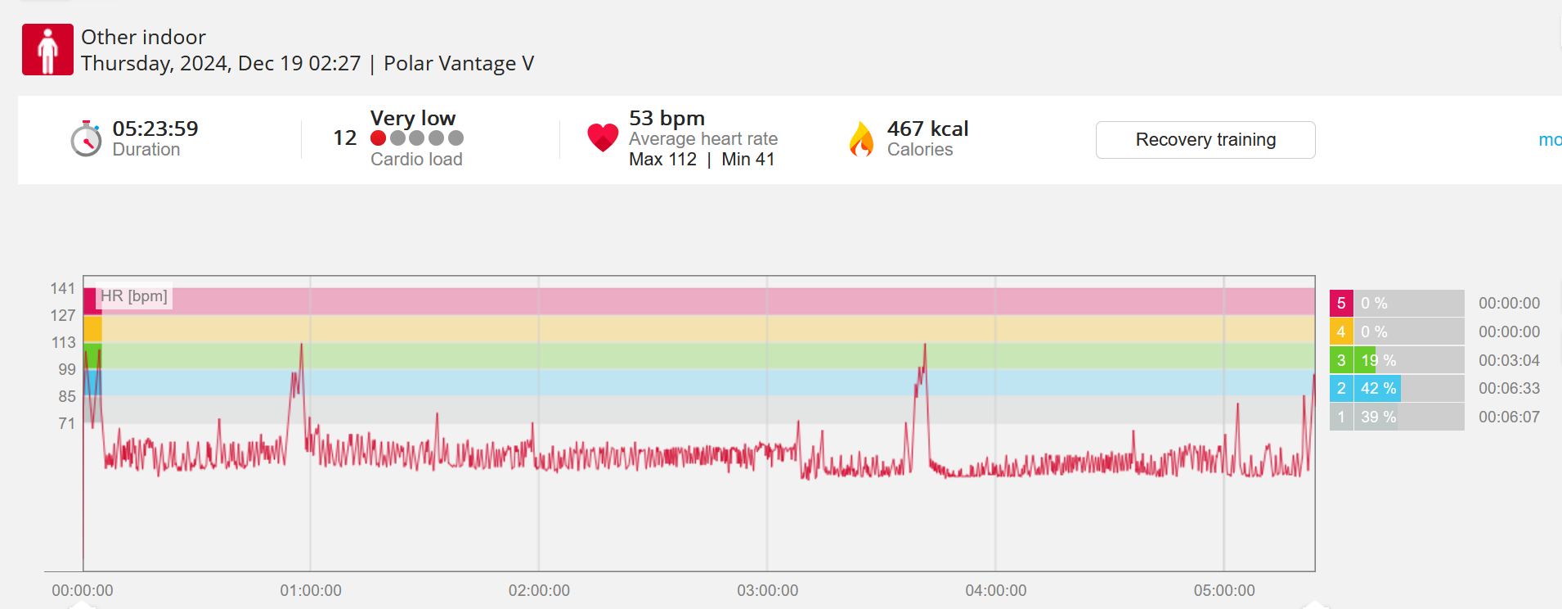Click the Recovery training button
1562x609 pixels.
[x=1205, y=140]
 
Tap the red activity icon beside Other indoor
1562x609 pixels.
[x=47, y=50]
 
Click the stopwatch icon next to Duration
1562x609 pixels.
[x=86, y=139]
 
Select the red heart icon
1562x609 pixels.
[x=603, y=138]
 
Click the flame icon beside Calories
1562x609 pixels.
[x=861, y=139]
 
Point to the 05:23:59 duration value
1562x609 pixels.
[x=155, y=129]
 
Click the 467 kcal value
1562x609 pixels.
[x=927, y=129]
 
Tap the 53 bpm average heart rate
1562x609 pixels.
[x=667, y=118]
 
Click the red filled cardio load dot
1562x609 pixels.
[x=378, y=138]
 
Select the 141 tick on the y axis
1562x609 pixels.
[x=63, y=288]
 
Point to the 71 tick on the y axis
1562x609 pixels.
[x=67, y=423]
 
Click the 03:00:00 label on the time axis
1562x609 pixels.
[x=767, y=590]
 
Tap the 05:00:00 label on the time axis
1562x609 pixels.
[x=1223, y=590]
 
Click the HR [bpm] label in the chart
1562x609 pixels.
[x=134, y=296]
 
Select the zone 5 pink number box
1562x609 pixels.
[x=1340, y=304]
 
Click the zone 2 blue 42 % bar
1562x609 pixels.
[x=1378, y=389]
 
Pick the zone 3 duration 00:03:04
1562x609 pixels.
[x=1509, y=360]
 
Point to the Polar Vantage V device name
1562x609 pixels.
[x=459, y=64]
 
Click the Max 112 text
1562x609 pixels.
[x=662, y=160]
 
